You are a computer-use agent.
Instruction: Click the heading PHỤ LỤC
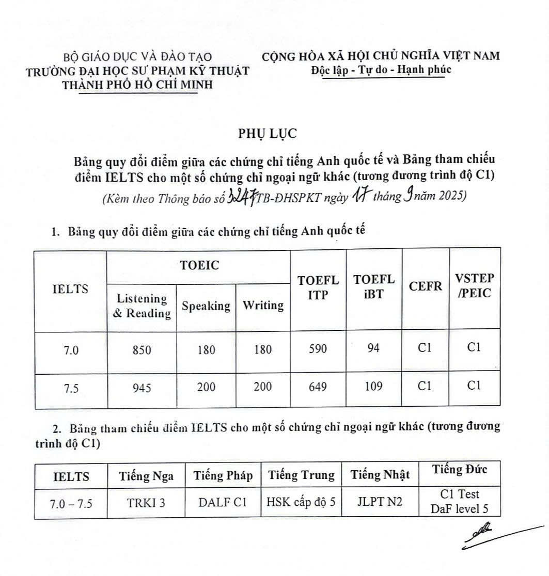click(x=268, y=133)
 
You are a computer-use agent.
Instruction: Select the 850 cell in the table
click(x=141, y=350)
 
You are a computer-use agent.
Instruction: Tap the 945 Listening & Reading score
click(x=141, y=388)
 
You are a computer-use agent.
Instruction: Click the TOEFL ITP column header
click(x=318, y=288)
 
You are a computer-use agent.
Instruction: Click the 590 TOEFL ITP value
click(x=318, y=349)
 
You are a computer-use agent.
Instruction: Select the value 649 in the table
click(x=318, y=387)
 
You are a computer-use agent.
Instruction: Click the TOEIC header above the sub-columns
click(x=199, y=266)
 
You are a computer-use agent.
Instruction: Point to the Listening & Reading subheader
click(x=141, y=306)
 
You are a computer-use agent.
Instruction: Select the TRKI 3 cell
click(x=146, y=502)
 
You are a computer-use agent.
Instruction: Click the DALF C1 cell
click(x=223, y=502)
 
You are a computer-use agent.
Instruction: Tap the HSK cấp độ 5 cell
click(x=301, y=502)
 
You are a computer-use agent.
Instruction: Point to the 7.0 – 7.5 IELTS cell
click(x=71, y=503)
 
